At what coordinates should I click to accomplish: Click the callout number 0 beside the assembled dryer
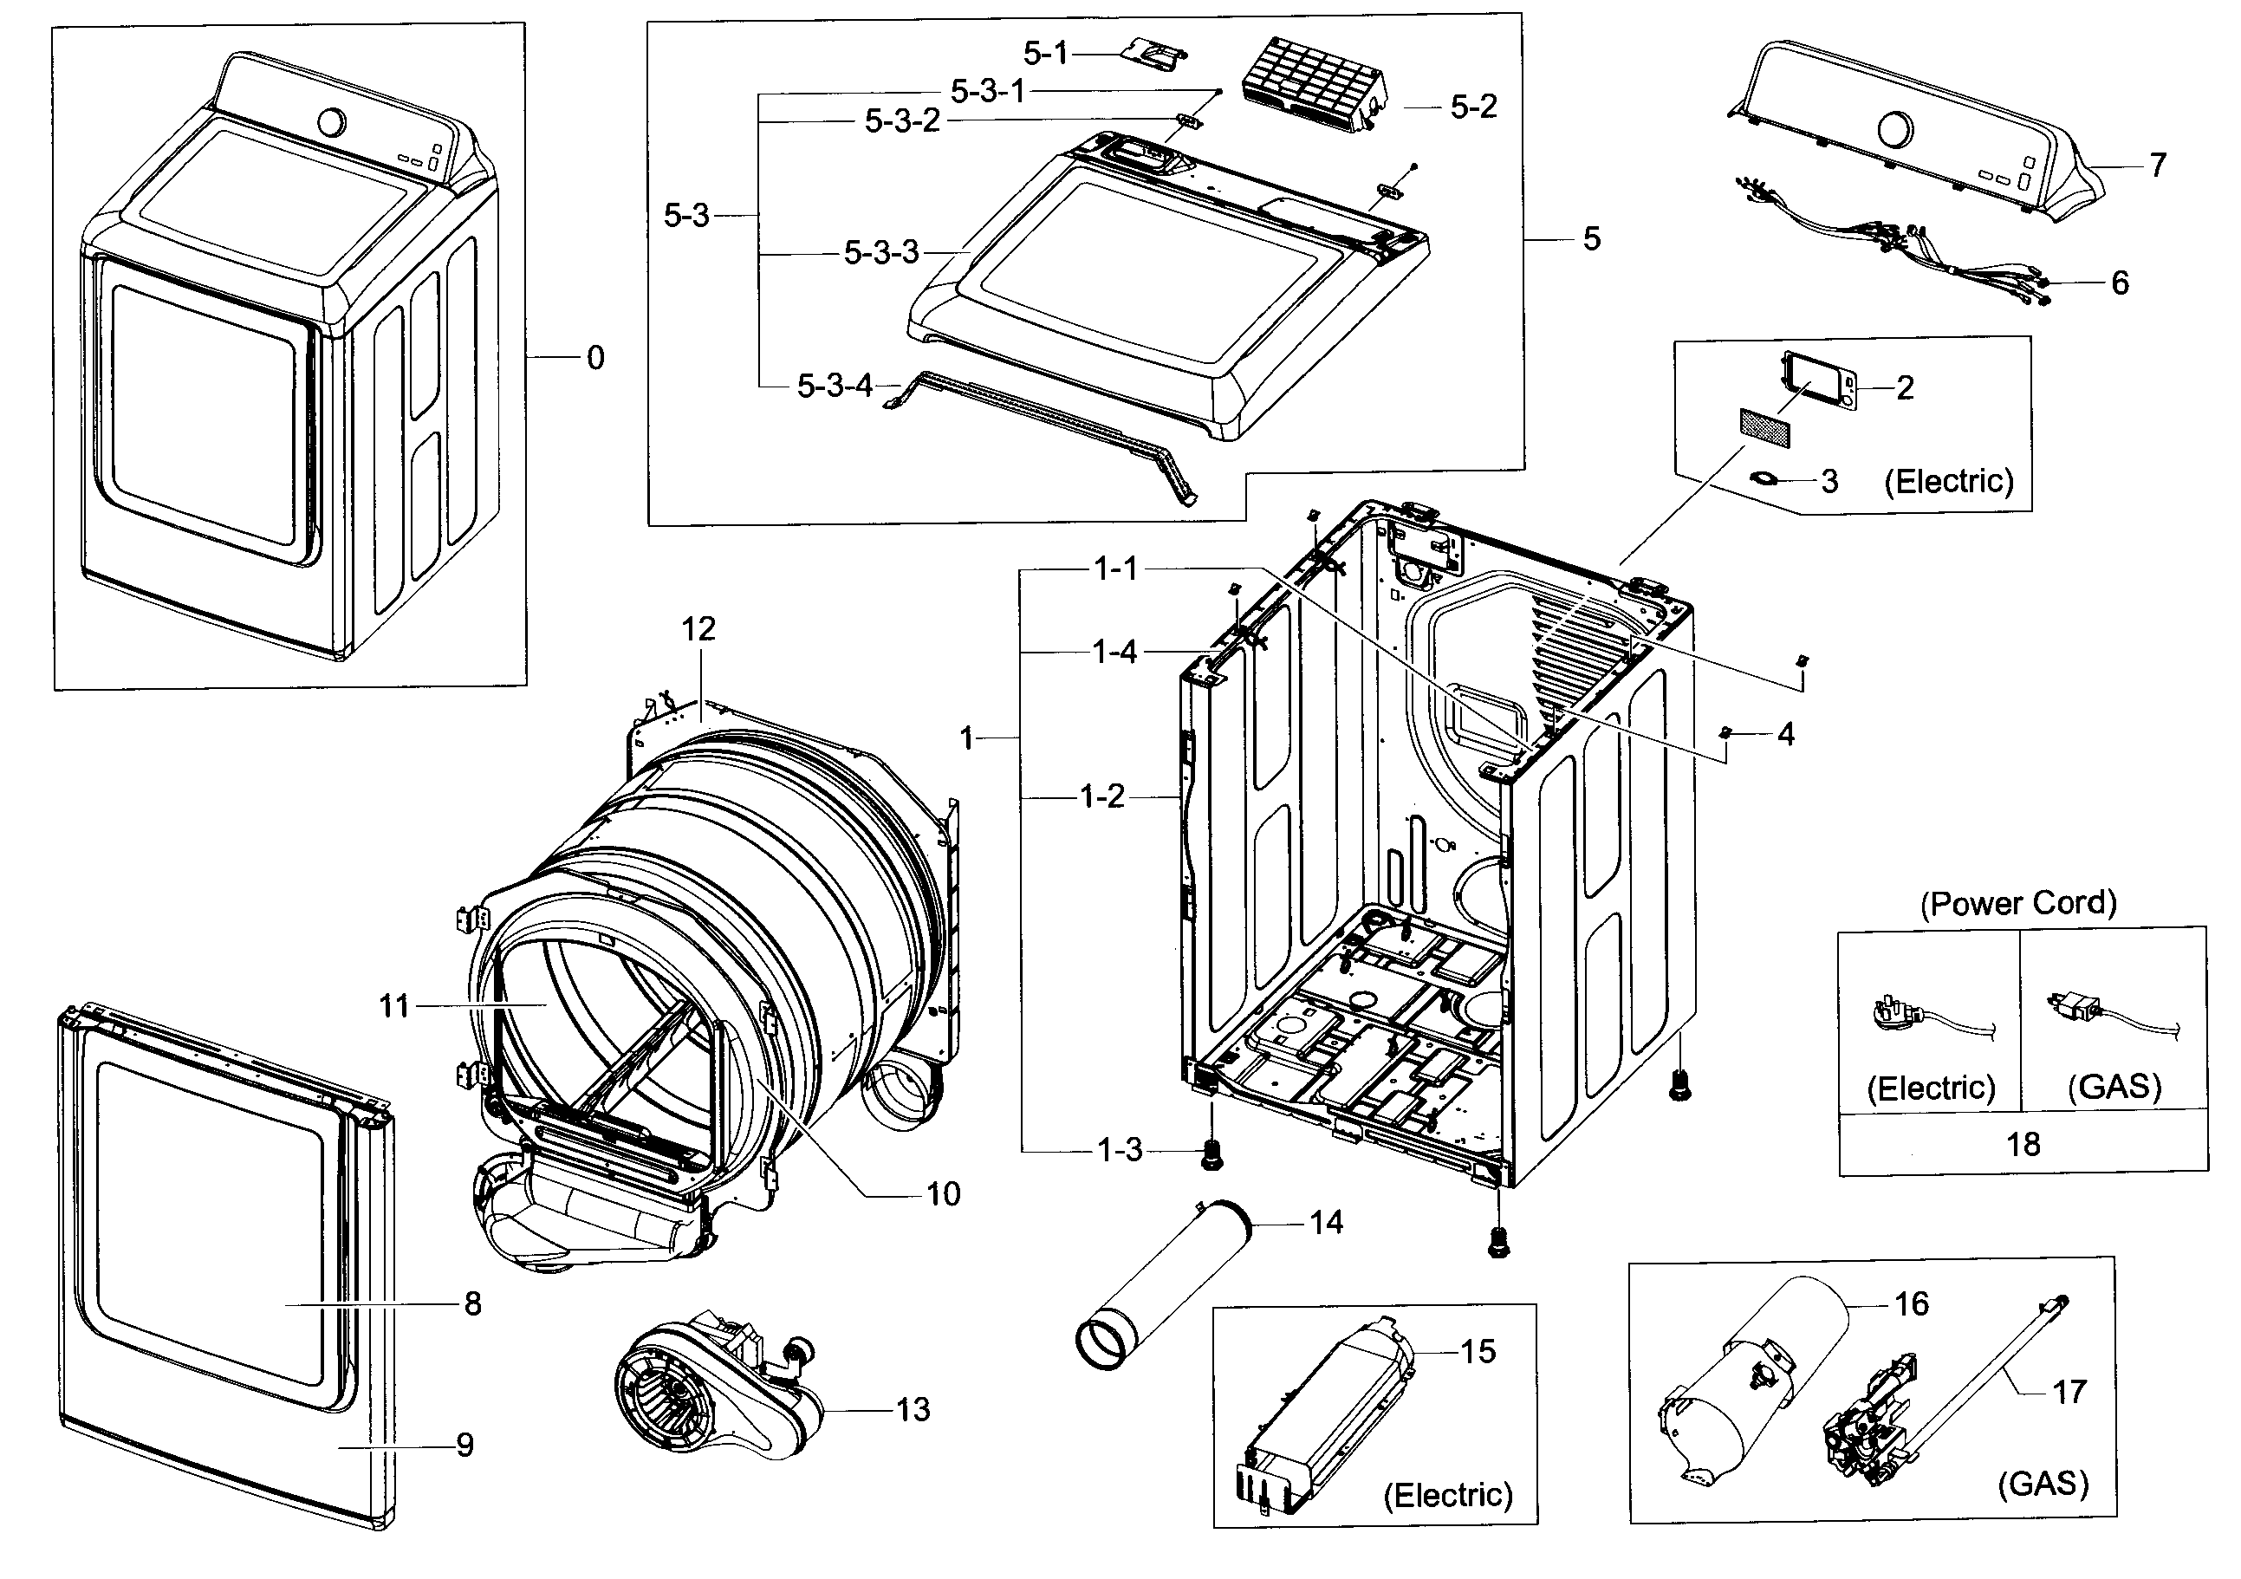[595, 358]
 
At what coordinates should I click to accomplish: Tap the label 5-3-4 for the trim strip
[835, 387]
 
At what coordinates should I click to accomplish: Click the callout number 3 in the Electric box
[1829, 481]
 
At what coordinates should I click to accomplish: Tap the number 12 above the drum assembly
[698, 628]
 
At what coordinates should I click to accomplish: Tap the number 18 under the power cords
[2023, 1144]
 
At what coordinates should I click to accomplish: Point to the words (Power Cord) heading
[2018, 904]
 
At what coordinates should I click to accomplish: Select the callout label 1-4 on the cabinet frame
[1114, 652]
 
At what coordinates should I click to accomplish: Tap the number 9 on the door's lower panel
[464, 1446]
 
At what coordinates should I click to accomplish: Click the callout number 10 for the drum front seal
[943, 1193]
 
